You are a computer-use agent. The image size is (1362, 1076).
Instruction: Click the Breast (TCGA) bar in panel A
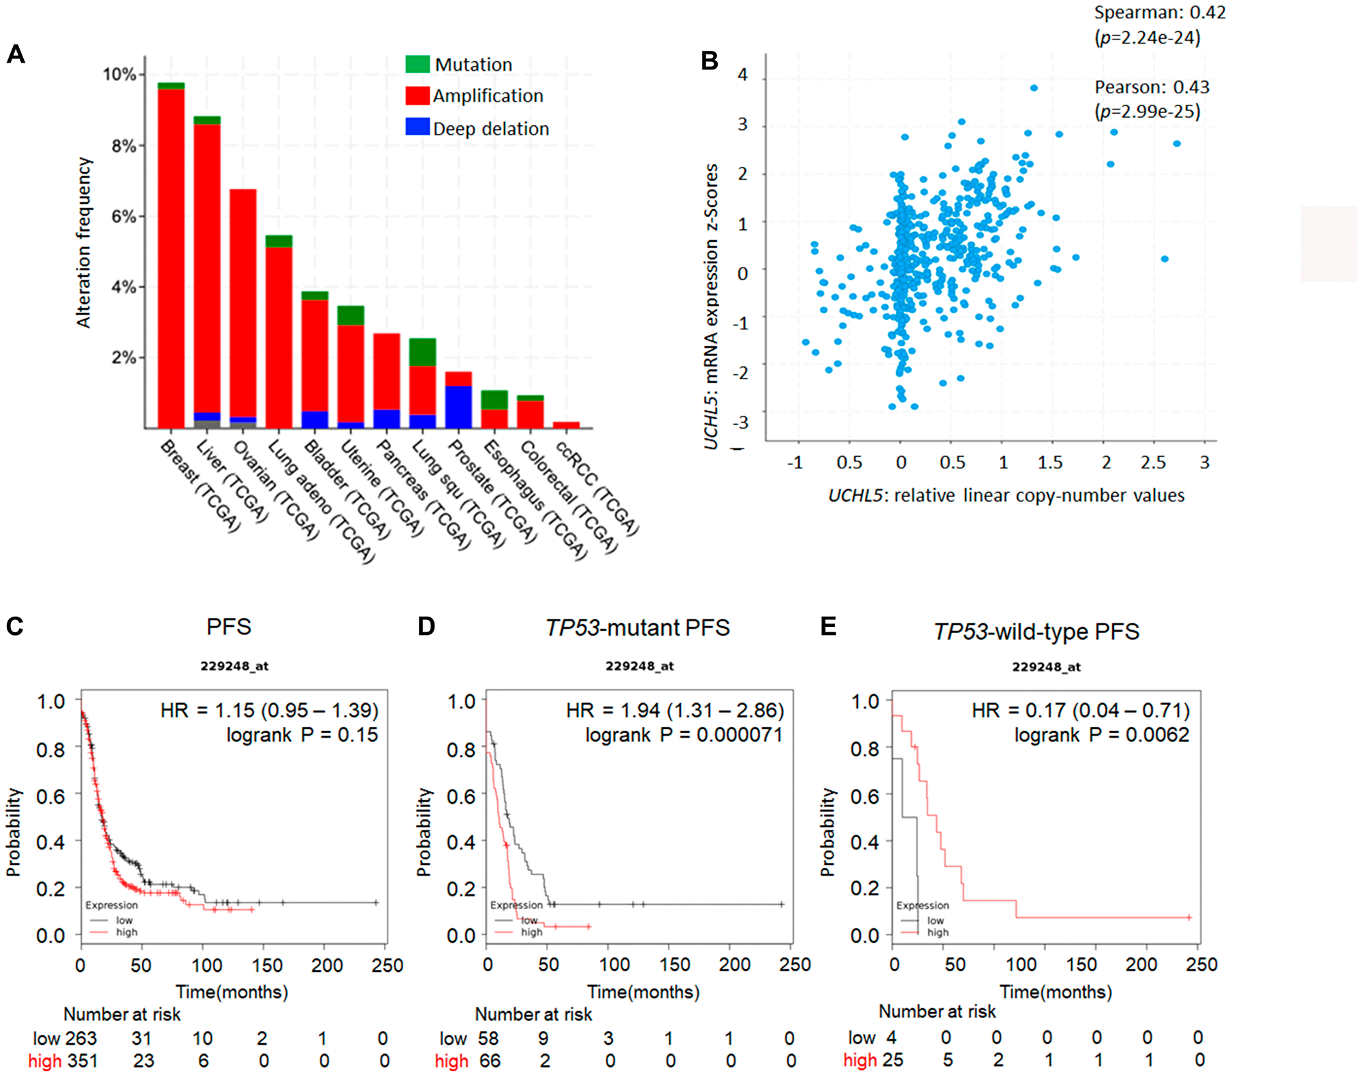point(171,259)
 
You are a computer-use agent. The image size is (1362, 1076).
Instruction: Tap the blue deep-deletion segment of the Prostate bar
point(458,407)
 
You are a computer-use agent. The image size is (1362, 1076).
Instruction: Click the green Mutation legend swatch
point(417,64)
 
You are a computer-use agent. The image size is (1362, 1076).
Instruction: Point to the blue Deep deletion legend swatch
point(417,127)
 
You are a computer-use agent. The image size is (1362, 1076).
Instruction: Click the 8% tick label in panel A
point(123,146)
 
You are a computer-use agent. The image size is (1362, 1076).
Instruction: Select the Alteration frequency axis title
point(83,242)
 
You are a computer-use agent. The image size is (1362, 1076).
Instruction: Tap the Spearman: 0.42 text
point(1159,12)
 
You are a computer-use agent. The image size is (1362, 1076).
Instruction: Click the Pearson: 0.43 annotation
point(1152,87)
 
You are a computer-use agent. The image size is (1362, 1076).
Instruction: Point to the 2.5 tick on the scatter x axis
point(1153,463)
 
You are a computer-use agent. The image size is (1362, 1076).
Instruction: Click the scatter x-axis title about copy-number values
point(1006,495)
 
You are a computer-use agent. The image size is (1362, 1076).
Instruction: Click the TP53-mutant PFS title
point(637,627)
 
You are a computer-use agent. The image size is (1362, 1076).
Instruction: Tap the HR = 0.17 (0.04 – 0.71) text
point(1080,711)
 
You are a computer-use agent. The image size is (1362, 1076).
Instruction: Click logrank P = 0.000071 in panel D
point(684,735)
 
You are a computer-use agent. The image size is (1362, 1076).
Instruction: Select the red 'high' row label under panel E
point(860,1060)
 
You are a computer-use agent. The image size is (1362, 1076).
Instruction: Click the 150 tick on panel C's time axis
point(266,965)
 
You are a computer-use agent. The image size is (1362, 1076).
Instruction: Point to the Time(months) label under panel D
point(643,992)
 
